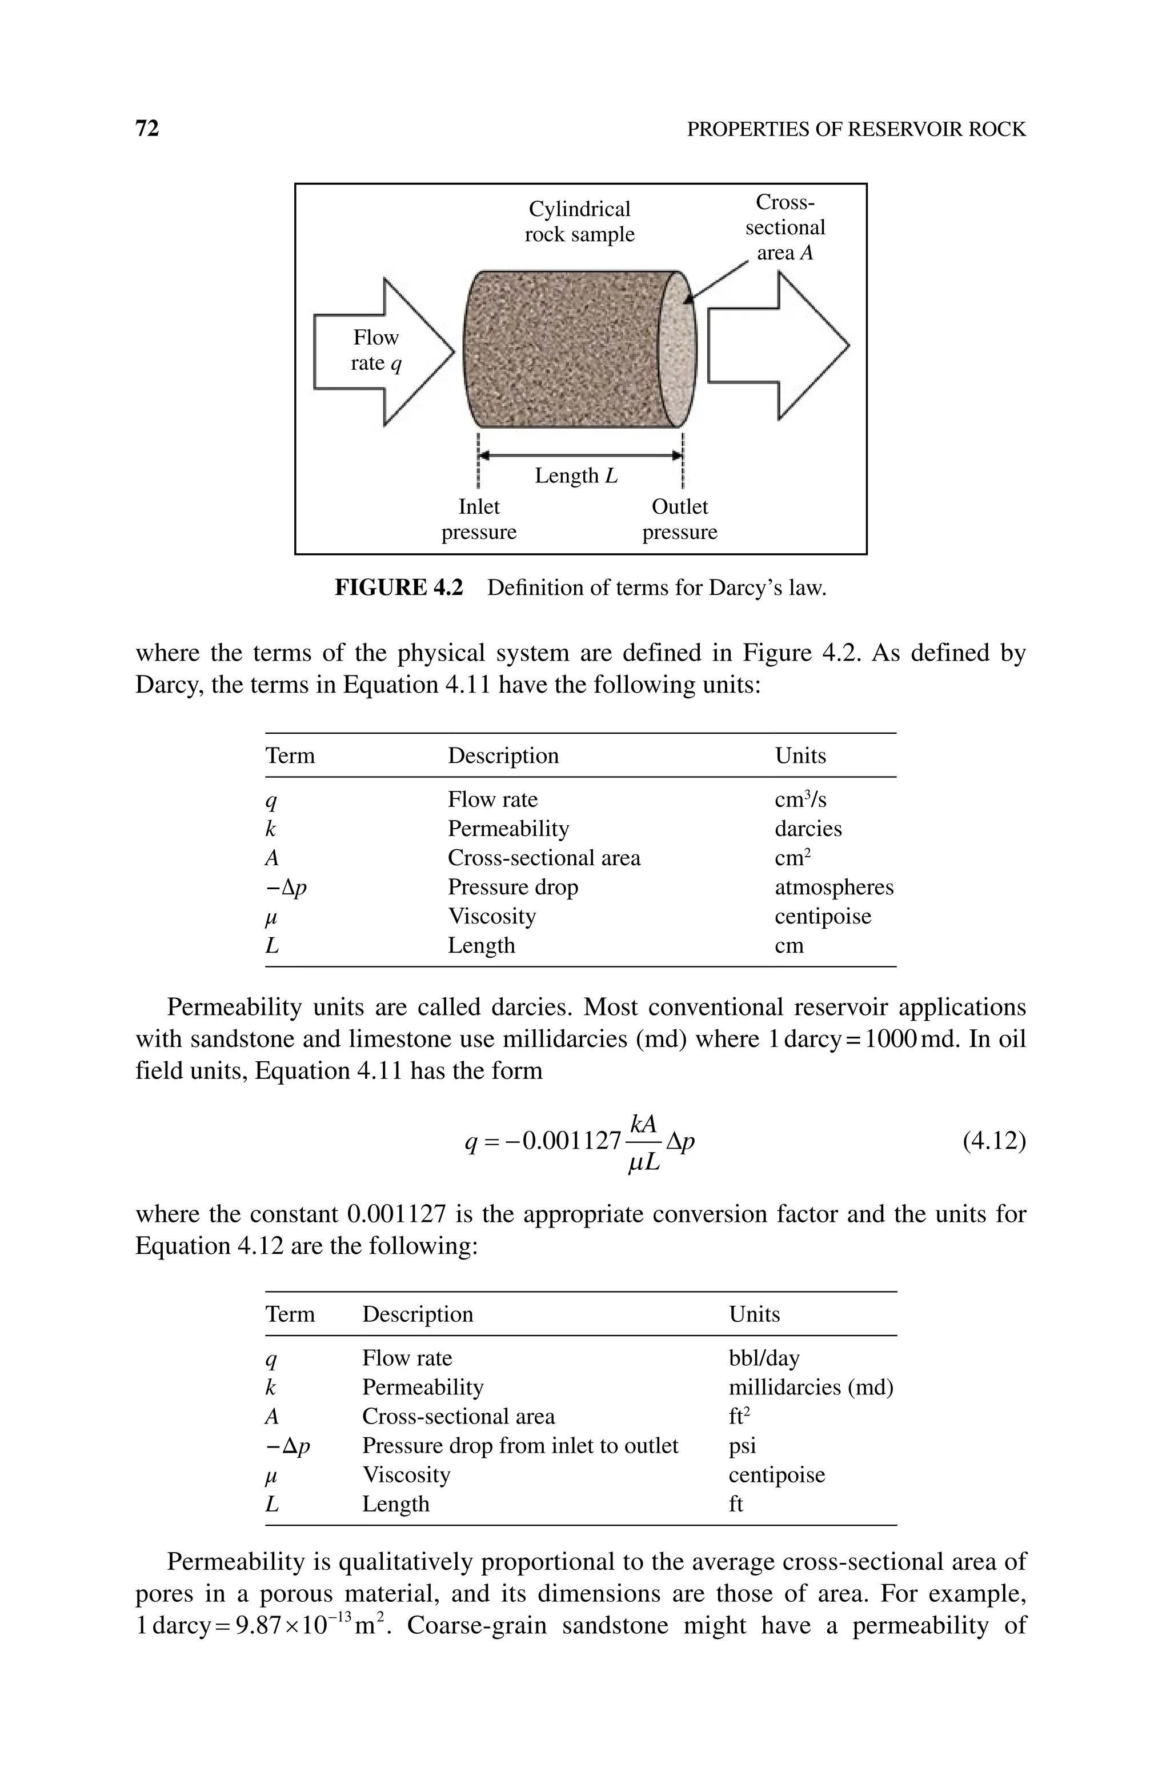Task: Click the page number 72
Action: (147, 129)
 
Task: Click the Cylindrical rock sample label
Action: (579, 222)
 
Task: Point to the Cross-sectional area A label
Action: (785, 227)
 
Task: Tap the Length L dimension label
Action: (576, 475)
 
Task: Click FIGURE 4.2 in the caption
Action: (398, 588)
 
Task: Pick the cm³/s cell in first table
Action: (800, 800)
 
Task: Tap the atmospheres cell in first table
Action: (834, 888)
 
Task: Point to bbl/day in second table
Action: (763, 1358)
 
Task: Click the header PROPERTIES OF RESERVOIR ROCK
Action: (856, 130)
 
